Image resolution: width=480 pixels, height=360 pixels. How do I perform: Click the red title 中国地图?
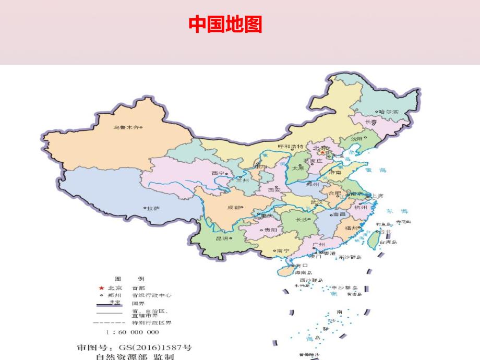(x=225, y=25)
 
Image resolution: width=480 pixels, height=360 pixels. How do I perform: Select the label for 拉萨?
(x=152, y=208)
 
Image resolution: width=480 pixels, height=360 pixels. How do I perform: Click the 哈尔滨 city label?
(x=388, y=111)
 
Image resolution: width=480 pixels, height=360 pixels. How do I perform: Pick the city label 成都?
(x=234, y=207)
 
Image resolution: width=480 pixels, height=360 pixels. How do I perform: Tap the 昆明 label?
(x=222, y=238)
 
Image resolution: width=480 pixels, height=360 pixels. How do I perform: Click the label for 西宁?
(x=218, y=173)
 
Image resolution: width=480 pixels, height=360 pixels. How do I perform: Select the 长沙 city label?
(x=302, y=220)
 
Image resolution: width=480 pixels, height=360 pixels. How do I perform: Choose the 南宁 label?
(x=283, y=250)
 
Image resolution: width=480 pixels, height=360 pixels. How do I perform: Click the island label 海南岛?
(x=303, y=272)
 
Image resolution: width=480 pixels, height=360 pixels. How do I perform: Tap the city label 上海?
(x=377, y=196)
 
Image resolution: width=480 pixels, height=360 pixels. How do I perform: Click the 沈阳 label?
(x=356, y=139)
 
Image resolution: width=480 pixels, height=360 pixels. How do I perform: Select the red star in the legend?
(x=101, y=288)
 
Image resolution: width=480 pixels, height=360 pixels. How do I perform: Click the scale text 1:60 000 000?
(x=132, y=332)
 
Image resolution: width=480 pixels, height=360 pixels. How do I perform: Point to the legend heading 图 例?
(x=129, y=278)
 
